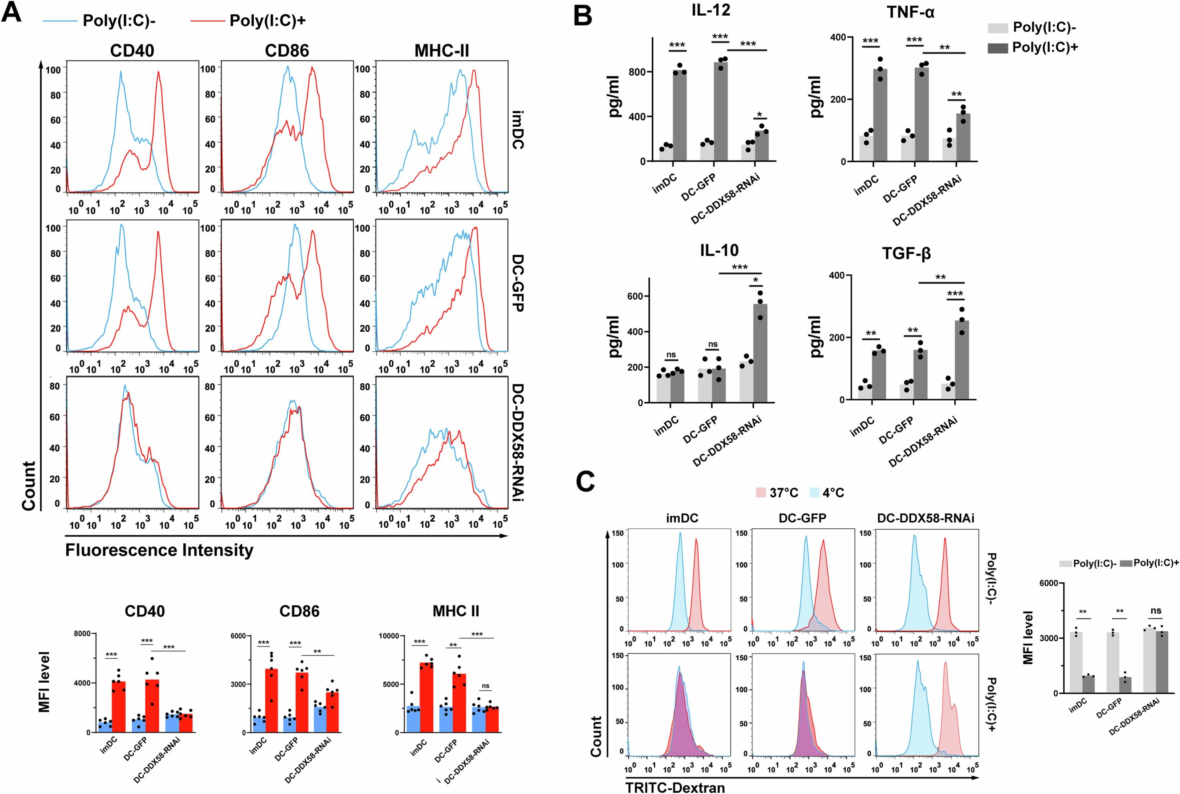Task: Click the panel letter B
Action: tap(583, 15)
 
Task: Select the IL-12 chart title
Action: tap(711, 10)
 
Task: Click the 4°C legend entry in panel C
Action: tap(826, 492)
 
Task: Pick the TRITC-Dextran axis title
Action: tap(675, 787)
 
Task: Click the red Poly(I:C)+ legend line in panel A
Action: tap(207, 21)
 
